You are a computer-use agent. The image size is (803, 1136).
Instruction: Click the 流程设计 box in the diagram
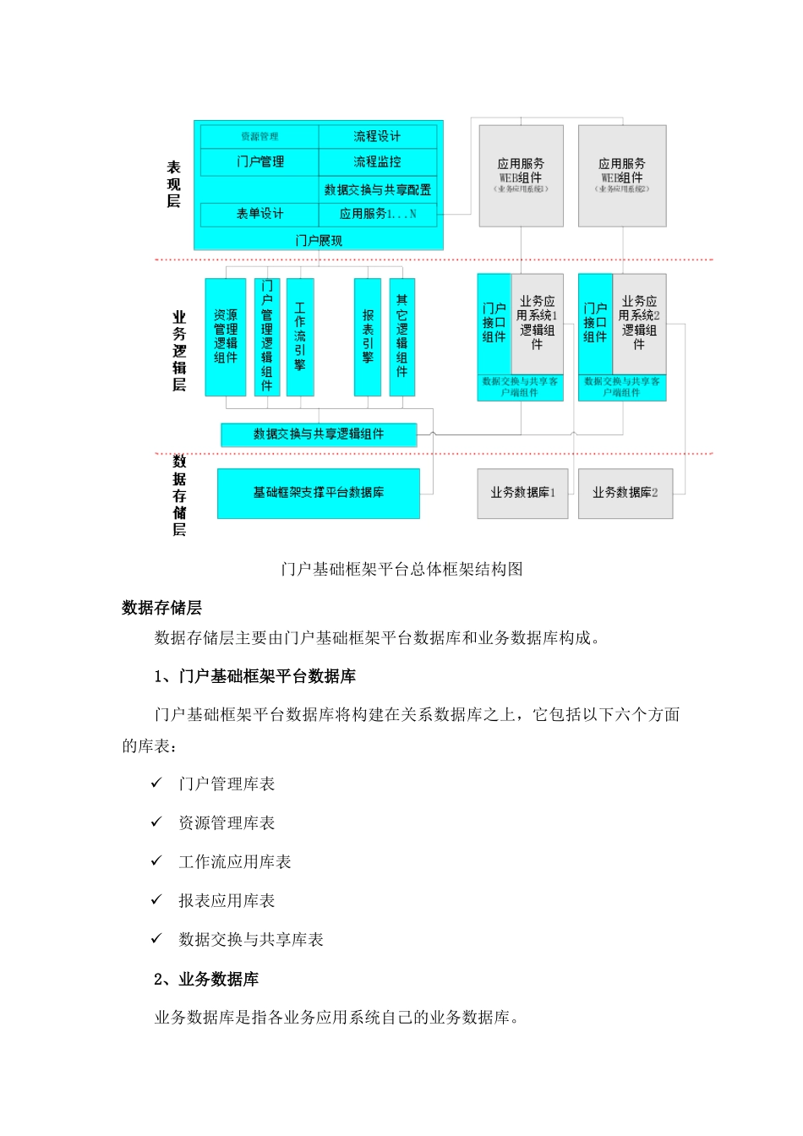click(377, 137)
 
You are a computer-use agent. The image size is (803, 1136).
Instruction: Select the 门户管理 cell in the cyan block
click(259, 162)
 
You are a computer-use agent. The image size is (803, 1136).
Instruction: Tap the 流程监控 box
click(377, 162)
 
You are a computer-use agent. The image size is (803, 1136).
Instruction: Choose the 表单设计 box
click(259, 214)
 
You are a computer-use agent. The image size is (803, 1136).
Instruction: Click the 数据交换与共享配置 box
click(377, 189)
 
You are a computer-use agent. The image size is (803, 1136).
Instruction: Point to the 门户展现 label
click(319, 241)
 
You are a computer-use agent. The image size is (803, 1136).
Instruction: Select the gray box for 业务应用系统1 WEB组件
click(521, 176)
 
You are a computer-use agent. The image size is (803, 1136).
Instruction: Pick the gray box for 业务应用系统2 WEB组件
click(622, 176)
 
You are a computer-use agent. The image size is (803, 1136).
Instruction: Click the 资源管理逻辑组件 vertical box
click(226, 336)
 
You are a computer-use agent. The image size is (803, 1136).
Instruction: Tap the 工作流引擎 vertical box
click(300, 336)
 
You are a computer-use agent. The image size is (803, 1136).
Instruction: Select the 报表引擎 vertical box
click(368, 336)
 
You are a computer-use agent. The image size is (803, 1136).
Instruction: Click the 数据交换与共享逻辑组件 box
click(319, 434)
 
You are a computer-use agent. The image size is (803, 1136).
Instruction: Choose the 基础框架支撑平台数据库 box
click(319, 493)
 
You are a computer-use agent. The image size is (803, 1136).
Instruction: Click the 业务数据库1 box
click(522, 493)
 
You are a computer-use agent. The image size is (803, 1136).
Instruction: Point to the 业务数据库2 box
click(625, 493)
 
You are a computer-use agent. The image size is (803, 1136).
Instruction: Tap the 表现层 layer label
click(173, 184)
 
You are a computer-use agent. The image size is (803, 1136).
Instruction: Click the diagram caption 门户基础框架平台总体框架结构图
click(401, 569)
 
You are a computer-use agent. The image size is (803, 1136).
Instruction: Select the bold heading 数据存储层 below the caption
click(161, 608)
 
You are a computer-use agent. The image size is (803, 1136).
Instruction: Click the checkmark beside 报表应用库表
click(156, 900)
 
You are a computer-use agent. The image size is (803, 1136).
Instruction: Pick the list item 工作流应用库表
click(235, 862)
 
